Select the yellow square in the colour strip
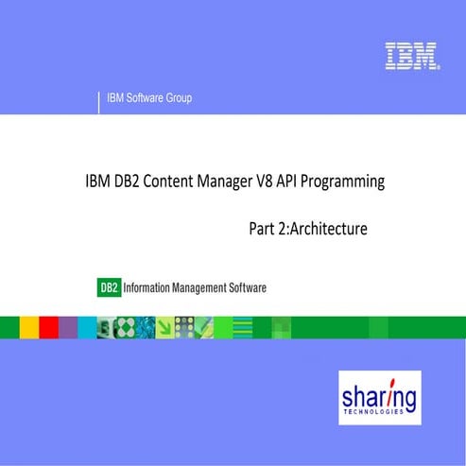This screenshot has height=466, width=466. pos(28,327)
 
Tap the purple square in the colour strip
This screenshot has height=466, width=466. pos(68,327)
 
